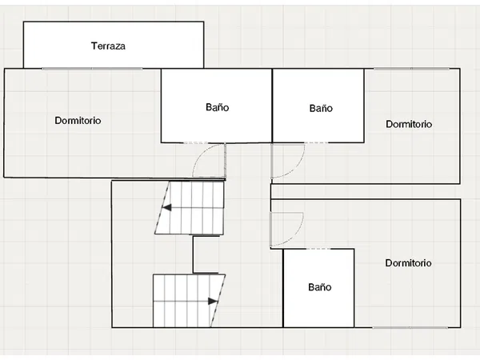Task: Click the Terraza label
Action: click(x=108, y=46)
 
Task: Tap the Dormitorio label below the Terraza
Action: click(x=78, y=120)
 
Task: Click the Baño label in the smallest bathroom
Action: click(x=319, y=287)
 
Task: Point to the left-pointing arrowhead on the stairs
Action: click(x=167, y=207)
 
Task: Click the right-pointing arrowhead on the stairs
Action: click(x=213, y=302)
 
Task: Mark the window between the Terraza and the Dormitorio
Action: click(x=92, y=69)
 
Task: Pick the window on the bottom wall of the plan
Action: click(x=410, y=327)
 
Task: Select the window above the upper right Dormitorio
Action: click(x=412, y=69)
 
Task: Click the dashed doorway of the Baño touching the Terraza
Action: click(x=195, y=142)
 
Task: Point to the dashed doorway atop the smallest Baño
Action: click(x=318, y=249)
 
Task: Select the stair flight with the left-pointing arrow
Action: click(x=189, y=208)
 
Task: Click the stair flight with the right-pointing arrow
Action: click(x=189, y=301)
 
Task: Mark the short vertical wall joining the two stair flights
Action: click(x=193, y=254)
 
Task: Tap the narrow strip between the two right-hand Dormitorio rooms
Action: click(x=366, y=192)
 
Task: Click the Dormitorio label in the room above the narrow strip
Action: click(x=409, y=124)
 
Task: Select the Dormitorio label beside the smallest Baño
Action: click(x=408, y=262)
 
